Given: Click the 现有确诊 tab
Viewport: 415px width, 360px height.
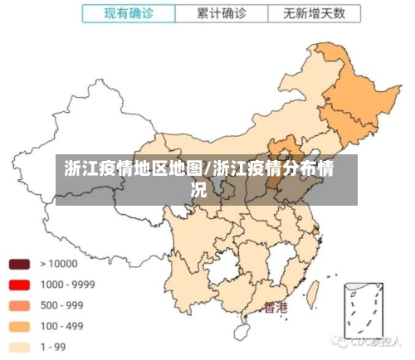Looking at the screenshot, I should [129, 14].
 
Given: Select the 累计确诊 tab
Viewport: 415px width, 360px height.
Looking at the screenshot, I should [222, 14].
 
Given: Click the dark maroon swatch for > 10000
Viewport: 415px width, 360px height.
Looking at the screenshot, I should [20, 264].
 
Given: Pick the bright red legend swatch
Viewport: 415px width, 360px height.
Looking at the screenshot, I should [20, 285].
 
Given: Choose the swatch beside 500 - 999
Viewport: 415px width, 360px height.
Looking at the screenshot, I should [20, 305].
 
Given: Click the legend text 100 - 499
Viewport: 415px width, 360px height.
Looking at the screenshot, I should [62, 326].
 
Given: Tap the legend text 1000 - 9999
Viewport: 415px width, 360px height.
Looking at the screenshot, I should [67, 285].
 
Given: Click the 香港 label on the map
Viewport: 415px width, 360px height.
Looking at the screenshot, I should [276, 308].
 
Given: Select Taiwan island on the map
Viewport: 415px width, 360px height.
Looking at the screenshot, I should [314, 293].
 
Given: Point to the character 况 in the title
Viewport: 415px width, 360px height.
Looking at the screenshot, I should [199, 189].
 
